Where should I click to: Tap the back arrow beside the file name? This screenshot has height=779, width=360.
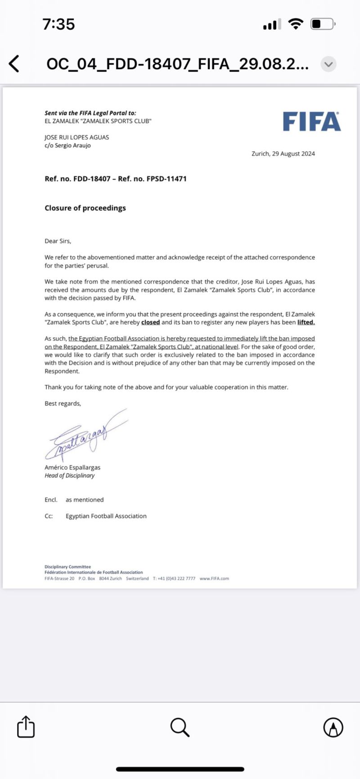(x=14, y=64)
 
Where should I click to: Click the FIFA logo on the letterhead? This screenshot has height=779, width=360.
(x=311, y=122)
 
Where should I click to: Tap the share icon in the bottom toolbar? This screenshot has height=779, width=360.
(x=26, y=727)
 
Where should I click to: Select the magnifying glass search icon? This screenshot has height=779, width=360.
(x=180, y=727)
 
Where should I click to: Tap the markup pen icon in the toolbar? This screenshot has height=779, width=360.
(x=333, y=727)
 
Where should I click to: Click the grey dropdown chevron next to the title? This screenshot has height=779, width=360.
(x=328, y=64)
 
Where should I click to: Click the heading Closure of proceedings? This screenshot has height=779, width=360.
(x=85, y=208)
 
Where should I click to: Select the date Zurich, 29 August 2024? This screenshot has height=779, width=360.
(x=283, y=154)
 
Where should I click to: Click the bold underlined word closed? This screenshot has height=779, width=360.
(x=150, y=322)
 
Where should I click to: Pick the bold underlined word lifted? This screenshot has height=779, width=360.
(x=306, y=322)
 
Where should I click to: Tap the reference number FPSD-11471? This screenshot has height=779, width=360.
(x=166, y=179)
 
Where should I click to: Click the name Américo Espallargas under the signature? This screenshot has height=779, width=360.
(x=72, y=467)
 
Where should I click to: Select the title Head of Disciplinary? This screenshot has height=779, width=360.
(x=70, y=475)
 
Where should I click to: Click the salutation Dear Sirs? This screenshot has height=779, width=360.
(x=58, y=241)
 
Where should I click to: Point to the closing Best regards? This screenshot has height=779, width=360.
(x=63, y=403)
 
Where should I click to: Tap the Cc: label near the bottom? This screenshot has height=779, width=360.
(x=49, y=516)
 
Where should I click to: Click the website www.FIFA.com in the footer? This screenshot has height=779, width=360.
(x=214, y=578)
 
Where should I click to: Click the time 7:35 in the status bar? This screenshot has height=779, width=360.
(x=58, y=24)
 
